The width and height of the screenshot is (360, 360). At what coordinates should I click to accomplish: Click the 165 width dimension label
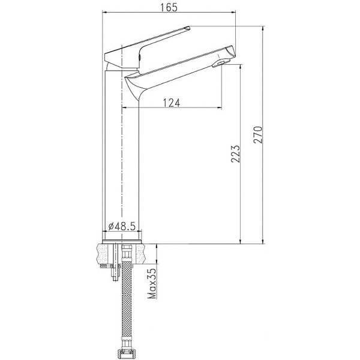click(x=169, y=7)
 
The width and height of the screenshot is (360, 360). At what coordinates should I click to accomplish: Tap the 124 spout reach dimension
click(x=172, y=103)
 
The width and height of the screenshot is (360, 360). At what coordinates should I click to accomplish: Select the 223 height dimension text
click(x=235, y=154)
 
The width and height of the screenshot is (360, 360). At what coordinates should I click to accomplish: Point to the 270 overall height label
click(x=258, y=135)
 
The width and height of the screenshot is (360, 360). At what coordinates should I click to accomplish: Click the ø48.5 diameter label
click(x=121, y=227)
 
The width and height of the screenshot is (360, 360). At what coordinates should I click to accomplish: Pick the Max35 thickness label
click(x=152, y=283)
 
